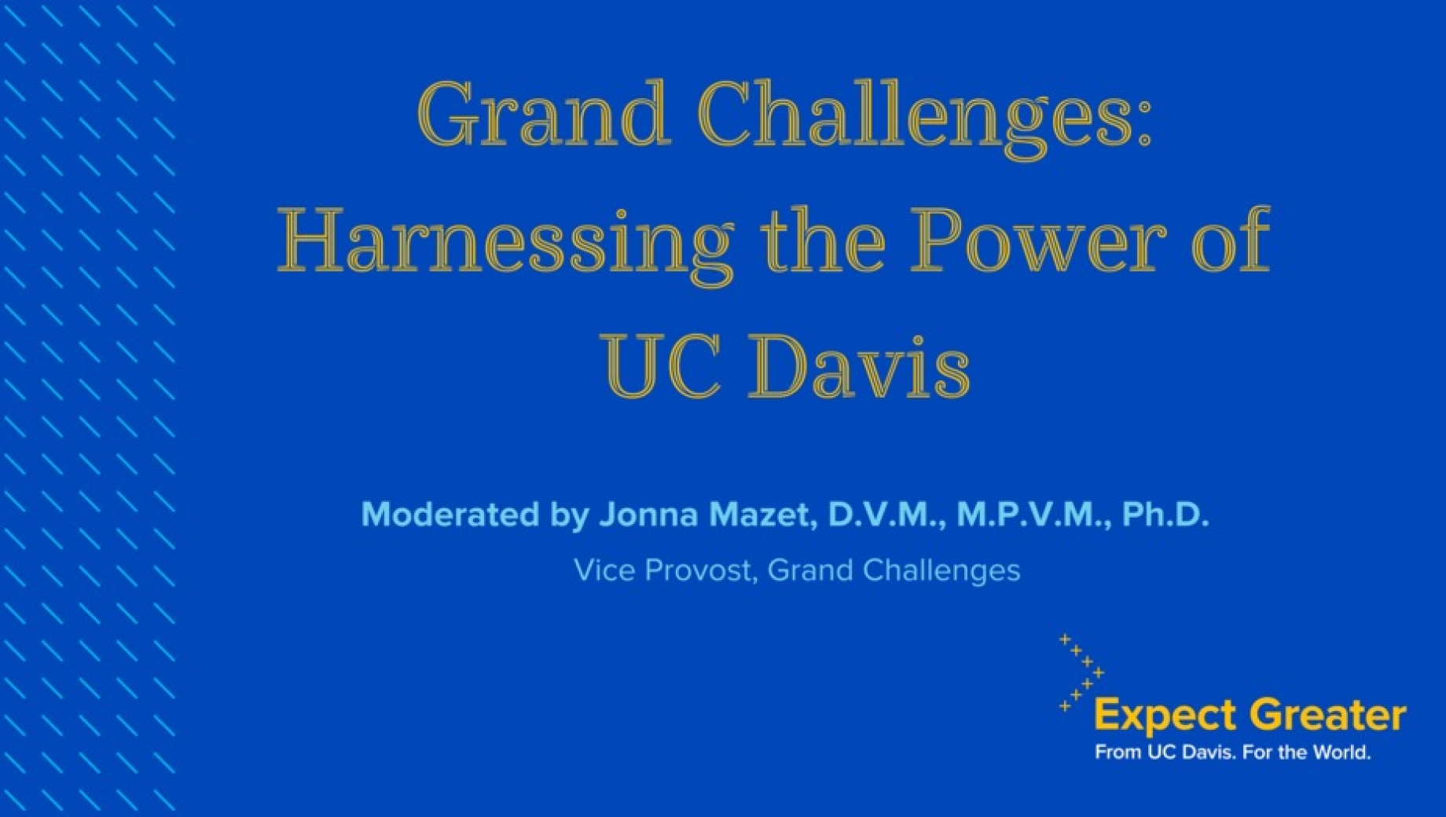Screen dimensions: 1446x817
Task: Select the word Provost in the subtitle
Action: (701, 570)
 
